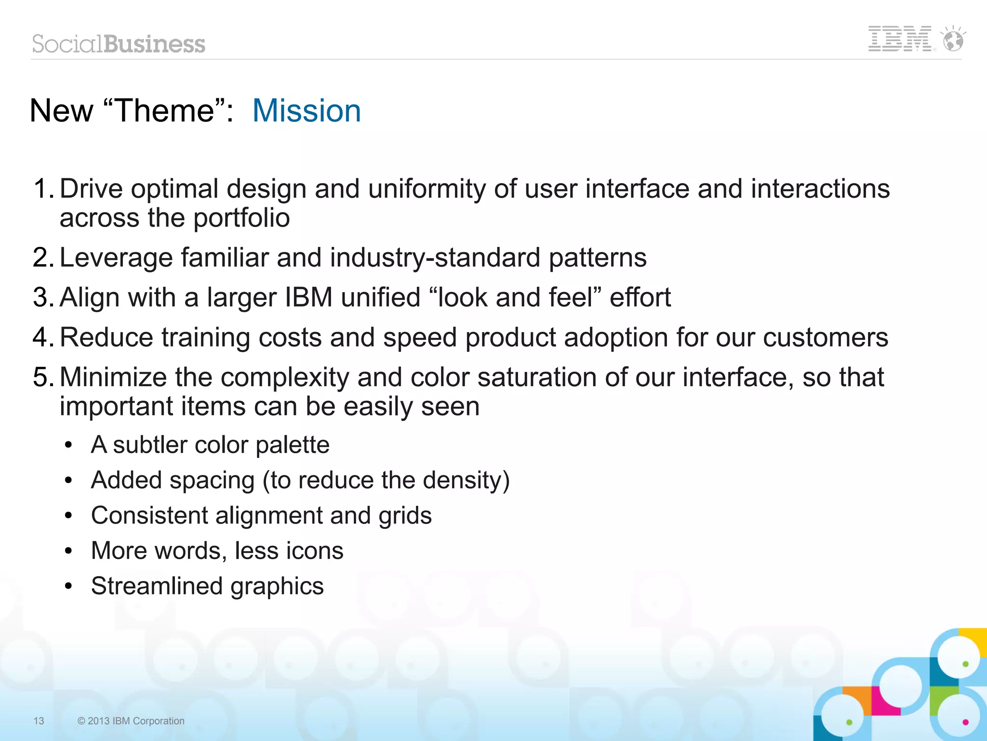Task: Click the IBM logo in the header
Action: [899, 39]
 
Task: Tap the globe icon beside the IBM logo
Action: [953, 40]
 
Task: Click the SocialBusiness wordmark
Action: [119, 44]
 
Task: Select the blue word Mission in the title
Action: [307, 111]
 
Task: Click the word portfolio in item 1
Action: [241, 218]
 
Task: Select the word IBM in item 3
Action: [308, 297]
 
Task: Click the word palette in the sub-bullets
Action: [293, 445]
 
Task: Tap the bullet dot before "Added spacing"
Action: [69, 480]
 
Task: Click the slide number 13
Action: [39, 721]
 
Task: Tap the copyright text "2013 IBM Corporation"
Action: [135, 721]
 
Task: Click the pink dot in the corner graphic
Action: [965, 722]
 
